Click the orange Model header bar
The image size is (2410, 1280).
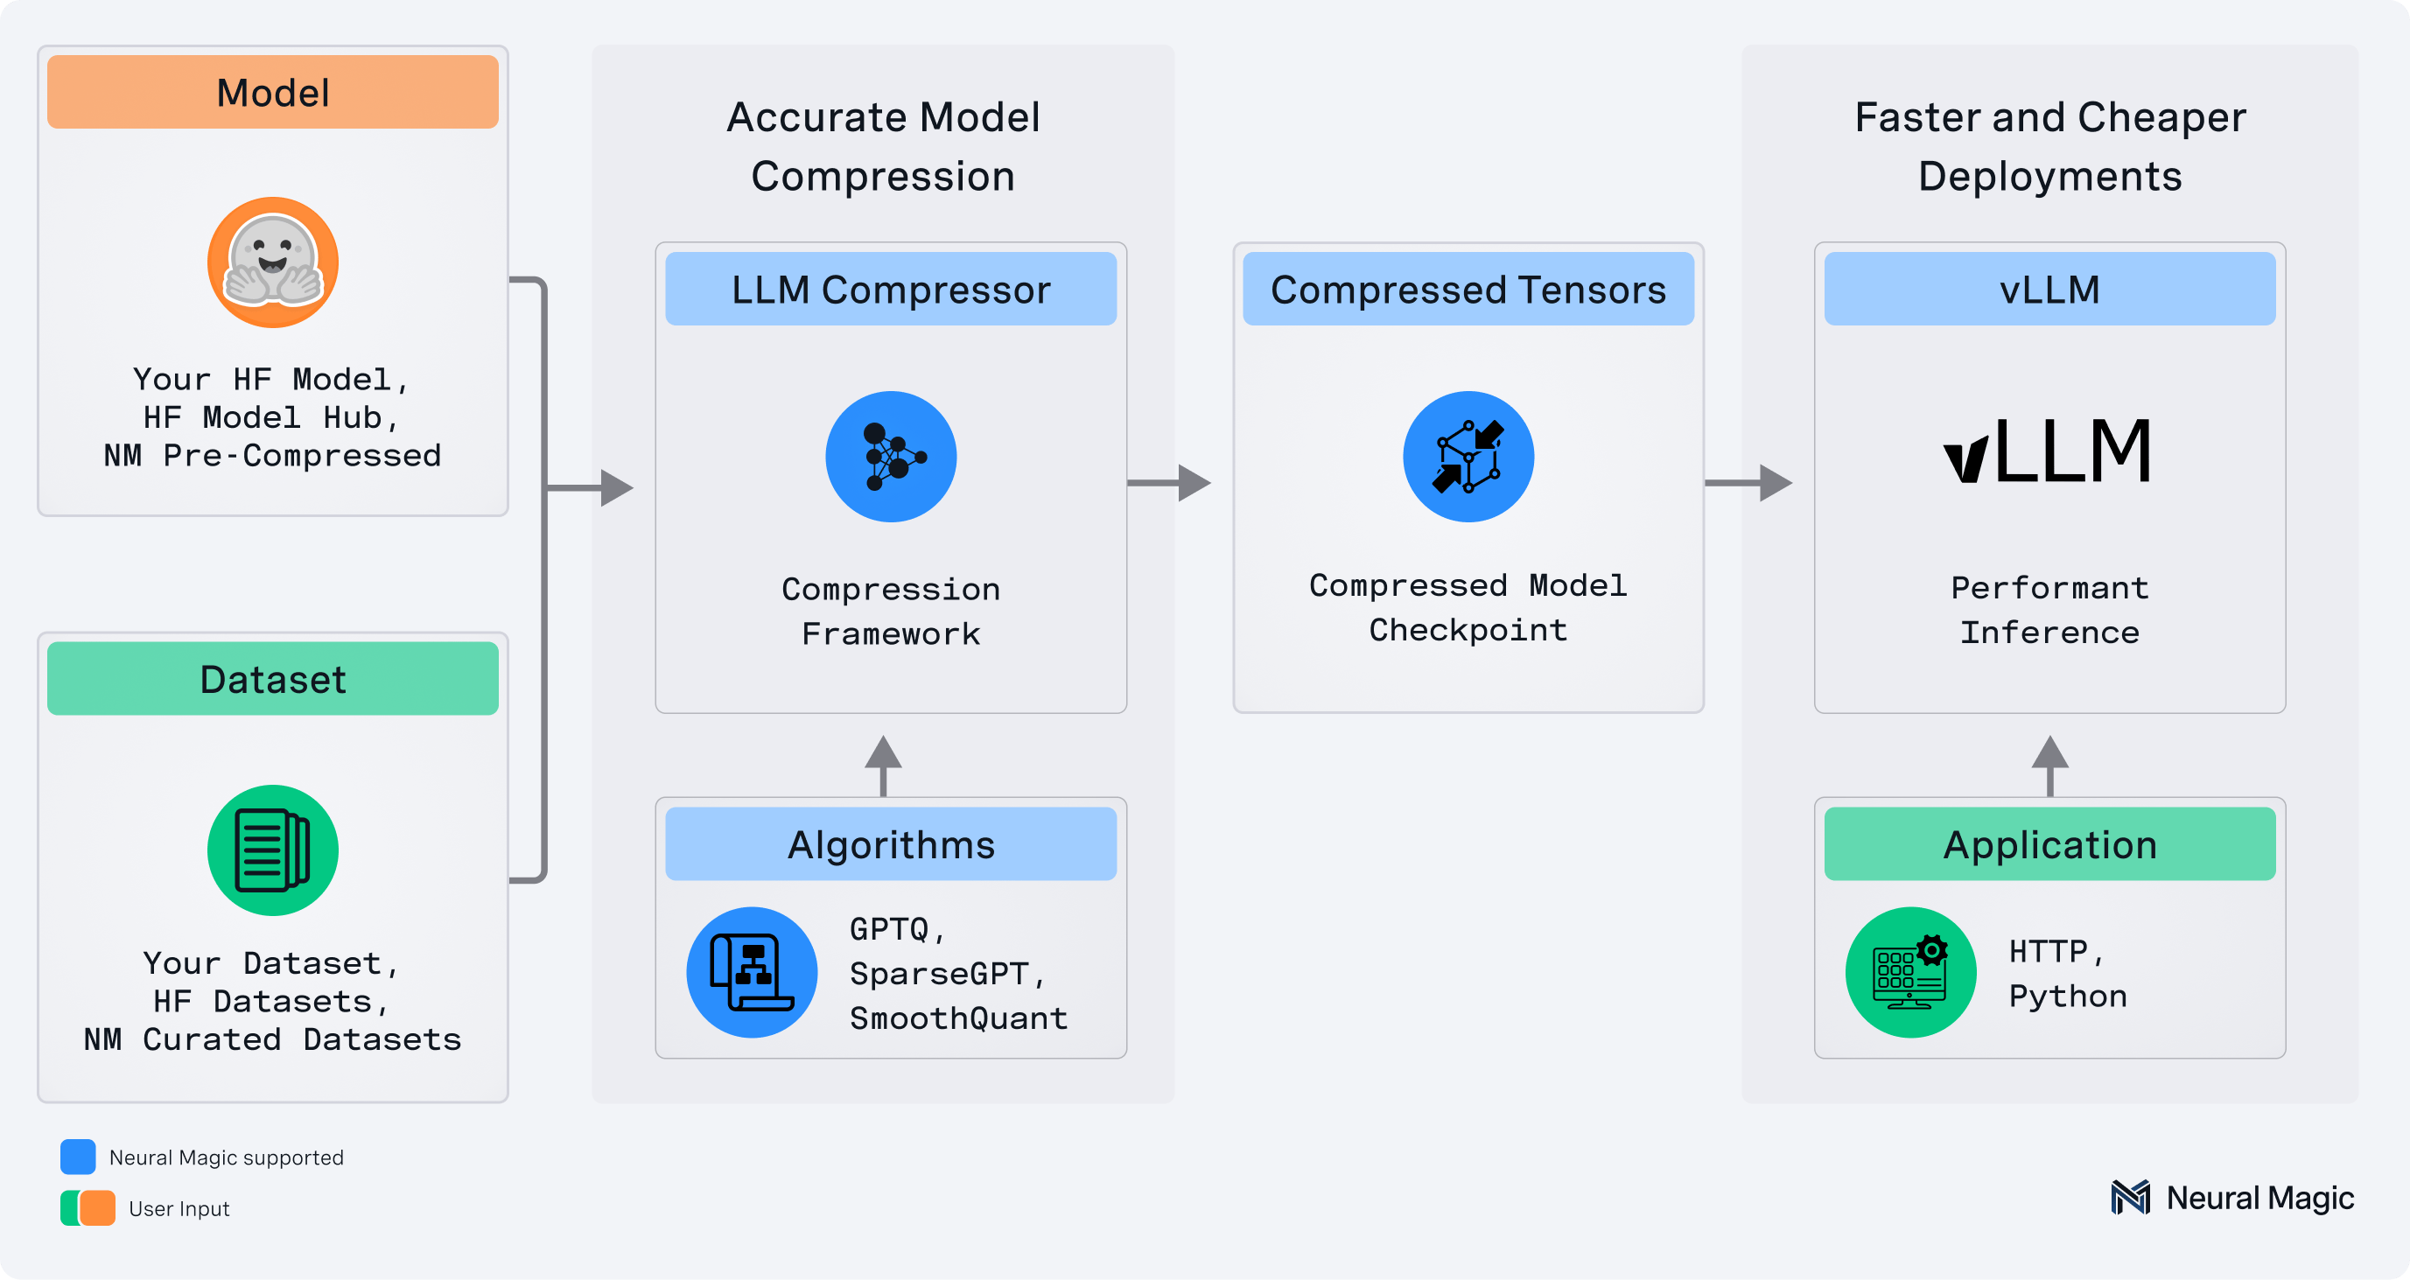tap(272, 92)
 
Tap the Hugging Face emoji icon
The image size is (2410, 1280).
tap(272, 262)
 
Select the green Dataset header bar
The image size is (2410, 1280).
tap(272, 678)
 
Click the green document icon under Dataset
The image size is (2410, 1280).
tap(272, 850)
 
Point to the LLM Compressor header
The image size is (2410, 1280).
tap(891, 289)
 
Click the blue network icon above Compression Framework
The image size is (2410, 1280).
tap(891, 457)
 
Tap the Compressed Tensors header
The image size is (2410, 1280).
tap(1468, 289)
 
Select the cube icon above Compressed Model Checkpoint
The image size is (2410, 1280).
tap(1468, 457)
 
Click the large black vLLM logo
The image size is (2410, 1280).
tap(2048, 451)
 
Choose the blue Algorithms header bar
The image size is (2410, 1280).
tap(891, 844)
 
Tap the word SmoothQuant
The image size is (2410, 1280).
tap(958, 1018)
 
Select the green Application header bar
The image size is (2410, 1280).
tap(2049, 844)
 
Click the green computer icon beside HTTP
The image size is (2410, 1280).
tap(1910, 972)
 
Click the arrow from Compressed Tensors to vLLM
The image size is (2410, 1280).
tap(1748, 483)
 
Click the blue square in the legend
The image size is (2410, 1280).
tap(78, 1157)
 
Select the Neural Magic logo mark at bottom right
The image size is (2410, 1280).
tap(2130, 1197)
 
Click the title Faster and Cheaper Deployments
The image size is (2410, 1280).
tap(2049, 146)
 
